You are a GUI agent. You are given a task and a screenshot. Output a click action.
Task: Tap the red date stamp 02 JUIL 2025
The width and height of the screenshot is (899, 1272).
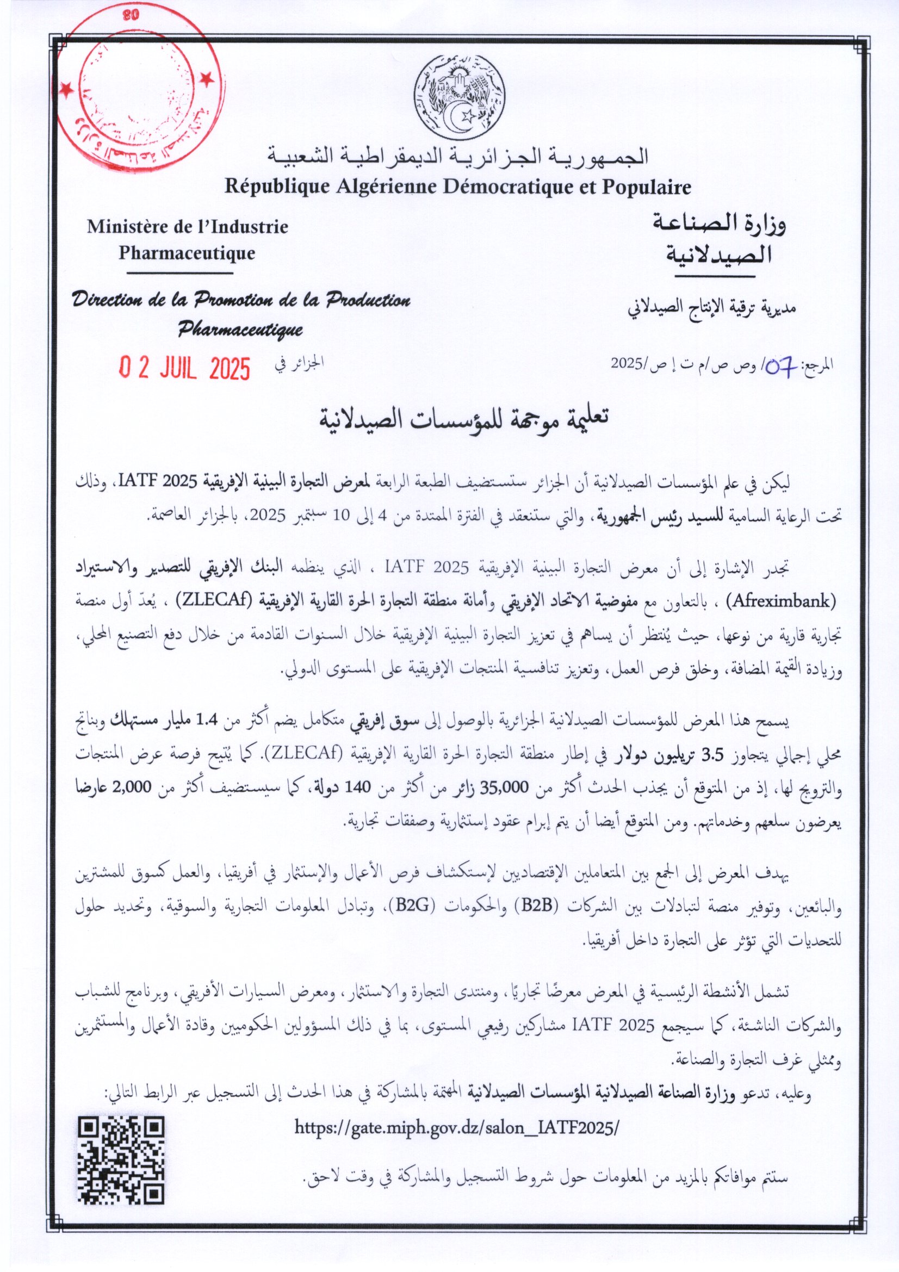[x=185, y=368]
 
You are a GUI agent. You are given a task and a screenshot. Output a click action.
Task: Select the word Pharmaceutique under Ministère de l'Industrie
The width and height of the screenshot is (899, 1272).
[x=187, y=253]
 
